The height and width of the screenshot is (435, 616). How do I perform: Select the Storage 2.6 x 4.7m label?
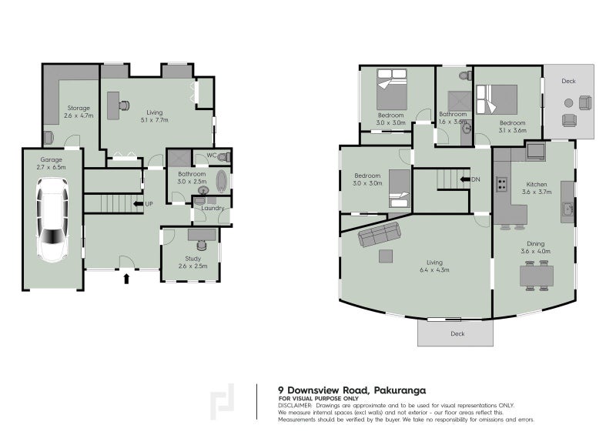coord(79,112)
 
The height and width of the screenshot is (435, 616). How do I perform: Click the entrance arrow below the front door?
coord(126,278)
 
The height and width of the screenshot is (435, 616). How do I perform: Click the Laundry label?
coord(212,208)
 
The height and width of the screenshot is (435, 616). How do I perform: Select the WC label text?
coord(210,156)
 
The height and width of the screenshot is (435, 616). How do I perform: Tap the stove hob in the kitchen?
coord(501,184)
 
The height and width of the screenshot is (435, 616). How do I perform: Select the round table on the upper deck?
coord(568,103)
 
